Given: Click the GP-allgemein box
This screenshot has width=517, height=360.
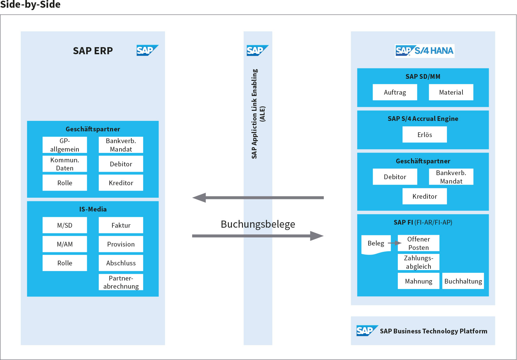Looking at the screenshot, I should (x=65, y=145).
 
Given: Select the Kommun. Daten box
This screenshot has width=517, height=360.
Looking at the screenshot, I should (x=65, y=164).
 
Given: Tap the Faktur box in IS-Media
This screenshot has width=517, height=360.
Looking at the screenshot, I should (x=121, y=225).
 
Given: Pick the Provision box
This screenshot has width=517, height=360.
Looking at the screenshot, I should (x=121, y=244).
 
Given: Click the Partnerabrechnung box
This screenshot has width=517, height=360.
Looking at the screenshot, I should (x=121, y=282).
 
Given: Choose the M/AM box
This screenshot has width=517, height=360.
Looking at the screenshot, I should (x=65, y=244).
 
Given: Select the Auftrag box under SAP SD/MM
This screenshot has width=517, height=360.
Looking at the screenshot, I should (x=395, y=92).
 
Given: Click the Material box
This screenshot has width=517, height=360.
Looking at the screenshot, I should (x=451, y=92).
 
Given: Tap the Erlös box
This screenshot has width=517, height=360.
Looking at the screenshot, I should (x=425, y=134).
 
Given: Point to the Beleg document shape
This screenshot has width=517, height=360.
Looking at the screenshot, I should (x=376, y=244).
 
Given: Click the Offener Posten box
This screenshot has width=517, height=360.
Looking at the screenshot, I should (x=418, y=243).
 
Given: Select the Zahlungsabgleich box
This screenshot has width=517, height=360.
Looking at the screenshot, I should (x=418, y=262).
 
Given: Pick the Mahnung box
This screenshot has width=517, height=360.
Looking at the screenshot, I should (x=418, y=281).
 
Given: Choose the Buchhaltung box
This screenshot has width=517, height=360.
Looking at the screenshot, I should (x=463, y=281).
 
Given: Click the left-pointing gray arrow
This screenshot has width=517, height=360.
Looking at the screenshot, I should (x=257, y=198).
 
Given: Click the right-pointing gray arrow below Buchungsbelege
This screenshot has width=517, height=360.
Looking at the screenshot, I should (x=257, y=236).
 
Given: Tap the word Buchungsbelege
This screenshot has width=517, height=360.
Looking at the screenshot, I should (x=258, y=224).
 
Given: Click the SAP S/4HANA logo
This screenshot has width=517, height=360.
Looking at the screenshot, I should (x=424, y=51).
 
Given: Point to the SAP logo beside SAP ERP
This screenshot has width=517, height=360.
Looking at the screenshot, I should (x=147, y=50).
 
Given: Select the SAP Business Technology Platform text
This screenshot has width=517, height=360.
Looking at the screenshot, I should (x=434, y=331).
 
